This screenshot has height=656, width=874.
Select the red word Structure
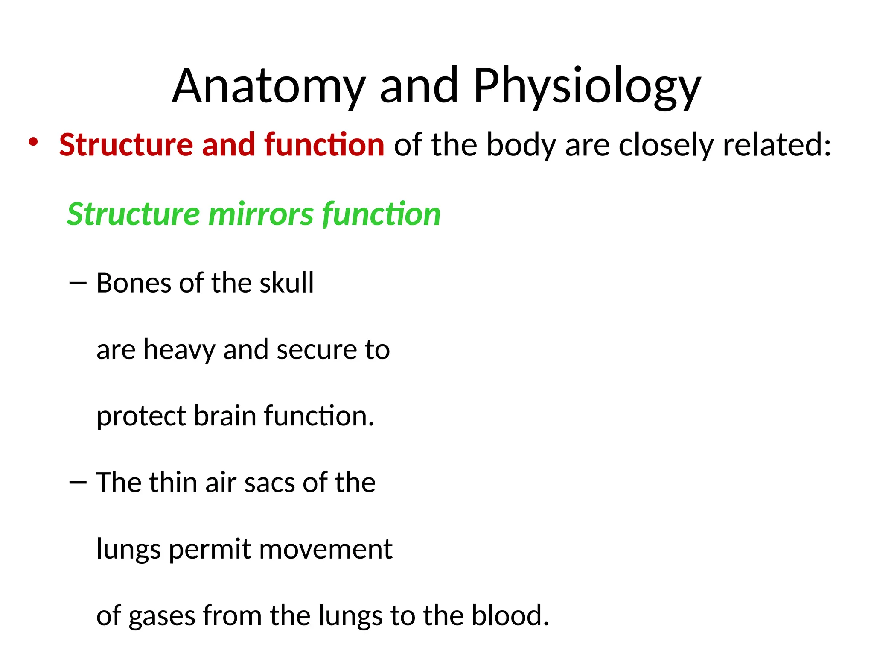point(126,145)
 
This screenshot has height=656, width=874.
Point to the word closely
point(666,146)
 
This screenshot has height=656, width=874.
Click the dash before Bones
point(78,283)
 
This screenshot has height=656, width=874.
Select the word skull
point(287,283)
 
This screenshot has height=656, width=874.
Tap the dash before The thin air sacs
point(78,483)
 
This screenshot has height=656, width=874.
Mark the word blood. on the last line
point(510,616)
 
